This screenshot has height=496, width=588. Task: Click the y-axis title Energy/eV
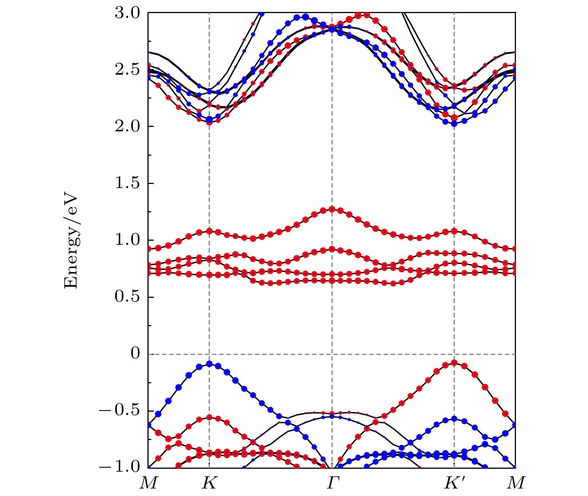point(71,241)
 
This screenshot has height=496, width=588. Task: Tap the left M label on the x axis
point(149,484)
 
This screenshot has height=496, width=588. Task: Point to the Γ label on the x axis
point(332,484)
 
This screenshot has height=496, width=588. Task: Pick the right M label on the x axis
point(516,484)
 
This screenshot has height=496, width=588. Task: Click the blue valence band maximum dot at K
point(209,364)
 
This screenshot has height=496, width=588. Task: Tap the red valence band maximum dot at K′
point(454,363)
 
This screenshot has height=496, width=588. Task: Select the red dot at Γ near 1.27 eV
point(332,209)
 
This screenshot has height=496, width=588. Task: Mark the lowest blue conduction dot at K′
point(454,124)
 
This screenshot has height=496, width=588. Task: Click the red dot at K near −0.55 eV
point(209,417)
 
